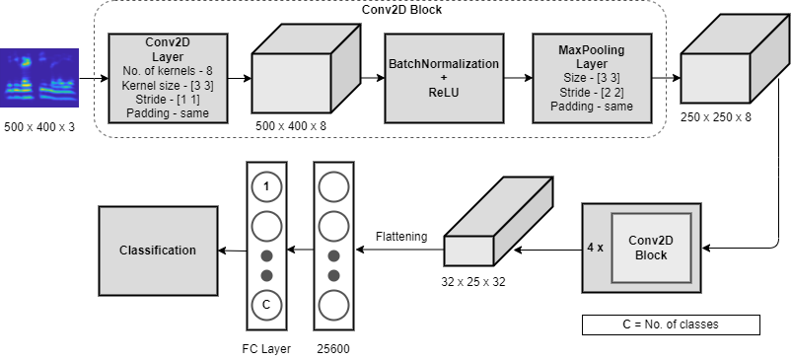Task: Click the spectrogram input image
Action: pos(39,78)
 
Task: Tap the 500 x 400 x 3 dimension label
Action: pos(39,127)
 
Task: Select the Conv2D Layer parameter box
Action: pos(168,78)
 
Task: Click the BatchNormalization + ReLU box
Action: pos(444,78)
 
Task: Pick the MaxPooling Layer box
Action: pos(592,78)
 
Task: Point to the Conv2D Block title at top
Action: pos(402,9)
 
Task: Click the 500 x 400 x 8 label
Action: pos(291,126)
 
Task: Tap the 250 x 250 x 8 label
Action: pos(716,117)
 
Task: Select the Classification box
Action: pos(158,251)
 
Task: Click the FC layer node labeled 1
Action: pos(266,187)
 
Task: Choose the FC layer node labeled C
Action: pos(266,305)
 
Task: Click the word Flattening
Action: pos(401,237)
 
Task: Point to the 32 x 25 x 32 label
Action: pos(473,282)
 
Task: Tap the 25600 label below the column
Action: pos(333,348)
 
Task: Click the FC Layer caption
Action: pos(266,348)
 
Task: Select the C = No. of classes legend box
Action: pos(671,324)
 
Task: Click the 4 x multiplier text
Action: pos(596,248)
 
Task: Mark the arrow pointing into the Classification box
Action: pos(233,251)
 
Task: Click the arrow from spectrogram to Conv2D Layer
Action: pos(94,78)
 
